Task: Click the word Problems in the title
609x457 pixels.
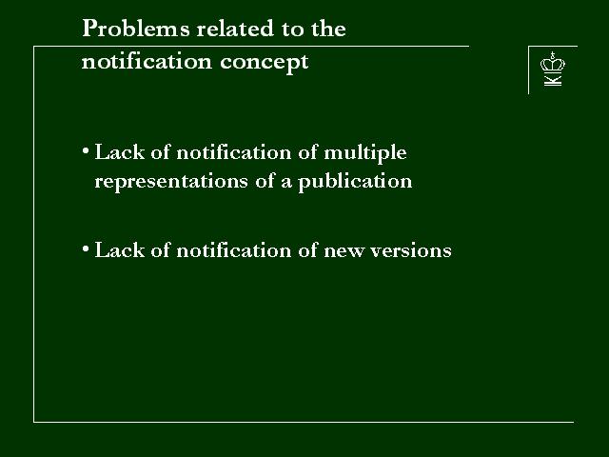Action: point(136,29)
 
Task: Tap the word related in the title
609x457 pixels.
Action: point(235,29)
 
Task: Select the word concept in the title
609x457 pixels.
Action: point(265,63)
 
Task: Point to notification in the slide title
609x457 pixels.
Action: point(147,61)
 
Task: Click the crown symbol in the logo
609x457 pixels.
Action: point(552,62)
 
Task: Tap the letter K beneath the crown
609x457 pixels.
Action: point(553,80)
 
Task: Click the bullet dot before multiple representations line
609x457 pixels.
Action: point(86,150)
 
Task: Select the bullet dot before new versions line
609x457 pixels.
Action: point(86,248)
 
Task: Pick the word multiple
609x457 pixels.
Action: point(365,153)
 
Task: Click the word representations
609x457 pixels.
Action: point(171,182)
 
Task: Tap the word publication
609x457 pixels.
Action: point(355,182)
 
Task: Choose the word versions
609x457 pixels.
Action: point(411,250)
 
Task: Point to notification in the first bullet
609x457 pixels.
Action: point(234,152)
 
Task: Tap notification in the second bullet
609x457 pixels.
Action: point(234,249)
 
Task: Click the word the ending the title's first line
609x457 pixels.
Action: point(328,29)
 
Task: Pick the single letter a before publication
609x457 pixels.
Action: point(286,184)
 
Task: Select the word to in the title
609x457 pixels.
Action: point(291,30)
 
